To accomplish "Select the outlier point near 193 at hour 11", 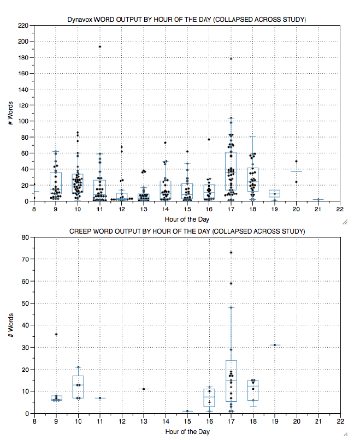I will click(x=99, y=46).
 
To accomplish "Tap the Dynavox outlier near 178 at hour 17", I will click(x=231, y=58).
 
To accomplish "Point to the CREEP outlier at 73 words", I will click(x=231, y=253).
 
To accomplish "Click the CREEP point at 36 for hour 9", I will click(x=56, y=334).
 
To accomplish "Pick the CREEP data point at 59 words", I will click(x=231, y=283).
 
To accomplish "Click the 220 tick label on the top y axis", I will click(x=23, y=26).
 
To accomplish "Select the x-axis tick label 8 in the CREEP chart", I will click(x=34, y=421).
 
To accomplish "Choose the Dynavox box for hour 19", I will click(x=274, y=193).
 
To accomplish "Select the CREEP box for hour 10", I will click(x=78, y=387).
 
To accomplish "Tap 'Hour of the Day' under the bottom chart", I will click(x=187, y=431).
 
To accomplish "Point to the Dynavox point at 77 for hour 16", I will click(x=209, y=139).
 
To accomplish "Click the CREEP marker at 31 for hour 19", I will click(x=274, y=345).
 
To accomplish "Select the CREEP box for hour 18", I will click(x=252, y=390).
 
